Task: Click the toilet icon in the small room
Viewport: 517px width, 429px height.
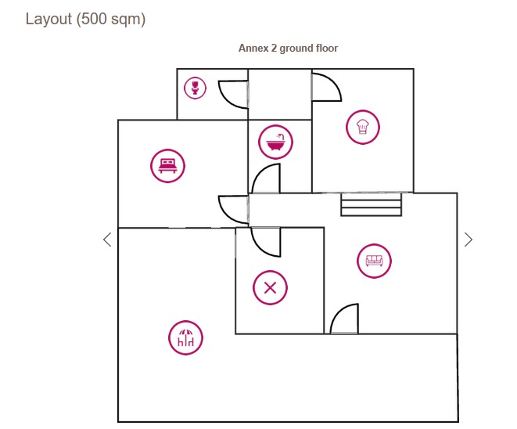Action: (x=195, y=87)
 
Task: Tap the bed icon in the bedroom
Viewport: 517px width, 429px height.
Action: (x=167, y=165)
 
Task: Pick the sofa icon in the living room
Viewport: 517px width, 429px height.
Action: (x=374, y=261)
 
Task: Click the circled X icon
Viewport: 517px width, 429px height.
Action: (x=270, y=287)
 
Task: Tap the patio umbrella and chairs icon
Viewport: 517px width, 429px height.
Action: (x=185, y=338)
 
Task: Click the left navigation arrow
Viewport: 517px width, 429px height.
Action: (x=107, y=240)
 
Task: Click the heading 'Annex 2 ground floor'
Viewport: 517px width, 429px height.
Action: (x=288, y=49)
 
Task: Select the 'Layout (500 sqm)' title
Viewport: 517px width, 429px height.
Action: (x=85, y=19)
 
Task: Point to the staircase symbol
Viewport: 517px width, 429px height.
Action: (x=371, y=205)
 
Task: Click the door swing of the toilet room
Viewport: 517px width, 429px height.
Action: (x=233, y=93)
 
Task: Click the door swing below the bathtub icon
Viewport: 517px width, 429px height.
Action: (x=267, y=179)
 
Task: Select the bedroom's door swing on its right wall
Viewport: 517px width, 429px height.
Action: (x=233, y=209)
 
